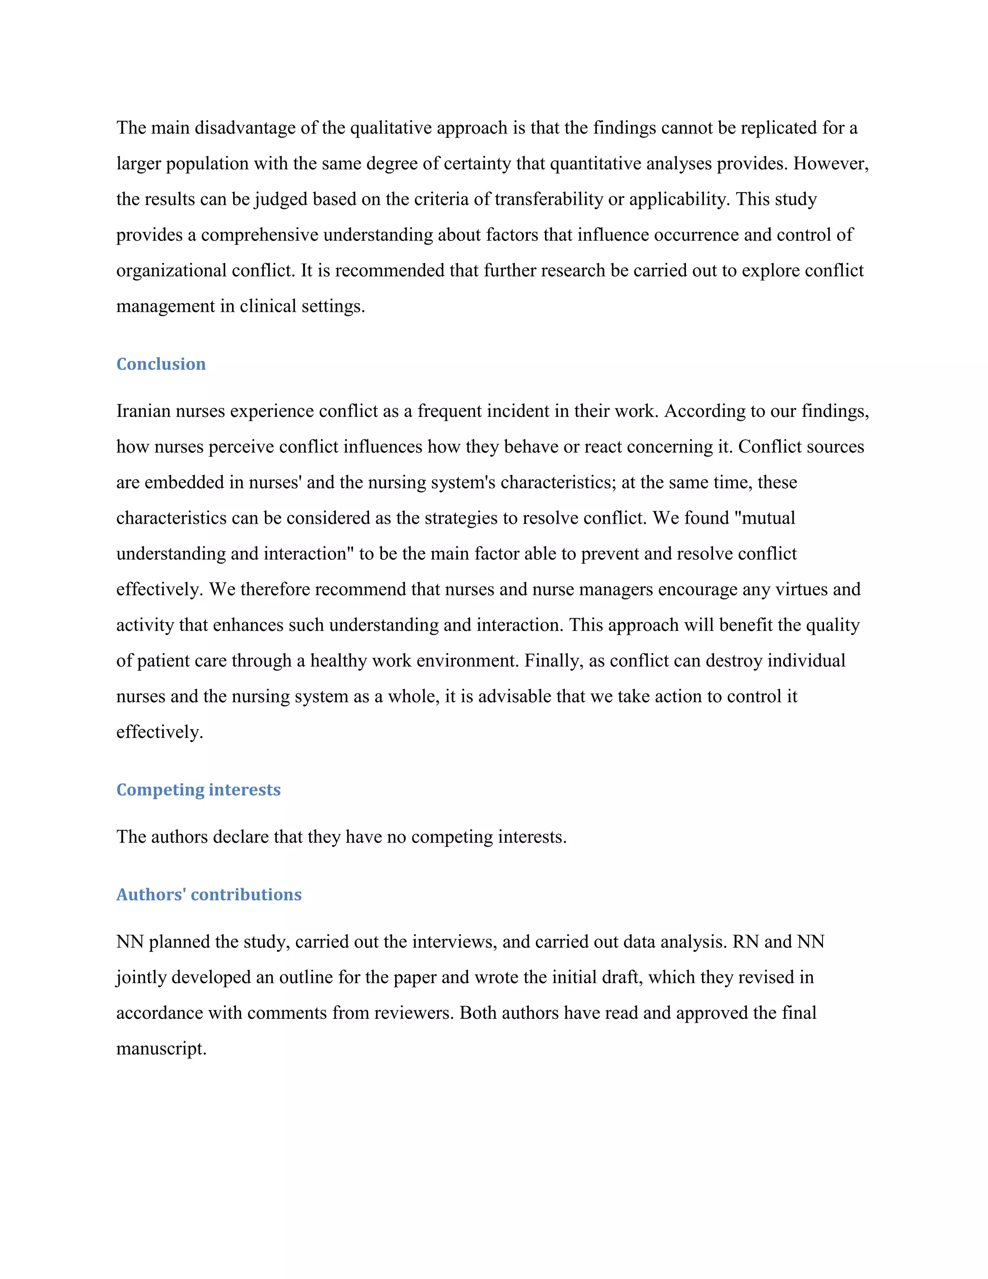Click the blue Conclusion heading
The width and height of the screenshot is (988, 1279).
pos(161,364)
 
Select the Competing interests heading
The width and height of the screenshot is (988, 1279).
pos(198,790)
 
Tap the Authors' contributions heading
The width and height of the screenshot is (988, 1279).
pos(209,895)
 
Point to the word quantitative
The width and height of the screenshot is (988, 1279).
pos(596,164)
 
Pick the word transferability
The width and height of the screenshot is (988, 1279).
pos(549,199)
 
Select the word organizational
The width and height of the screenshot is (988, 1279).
pos(171,271)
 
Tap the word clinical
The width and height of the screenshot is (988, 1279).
pos(268,306)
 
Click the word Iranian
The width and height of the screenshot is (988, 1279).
pos(143,411)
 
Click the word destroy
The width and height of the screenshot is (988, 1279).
pos(734,661)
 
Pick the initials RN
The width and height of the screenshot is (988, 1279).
pos(746,942)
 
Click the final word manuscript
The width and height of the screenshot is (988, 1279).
pos(161,1049)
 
